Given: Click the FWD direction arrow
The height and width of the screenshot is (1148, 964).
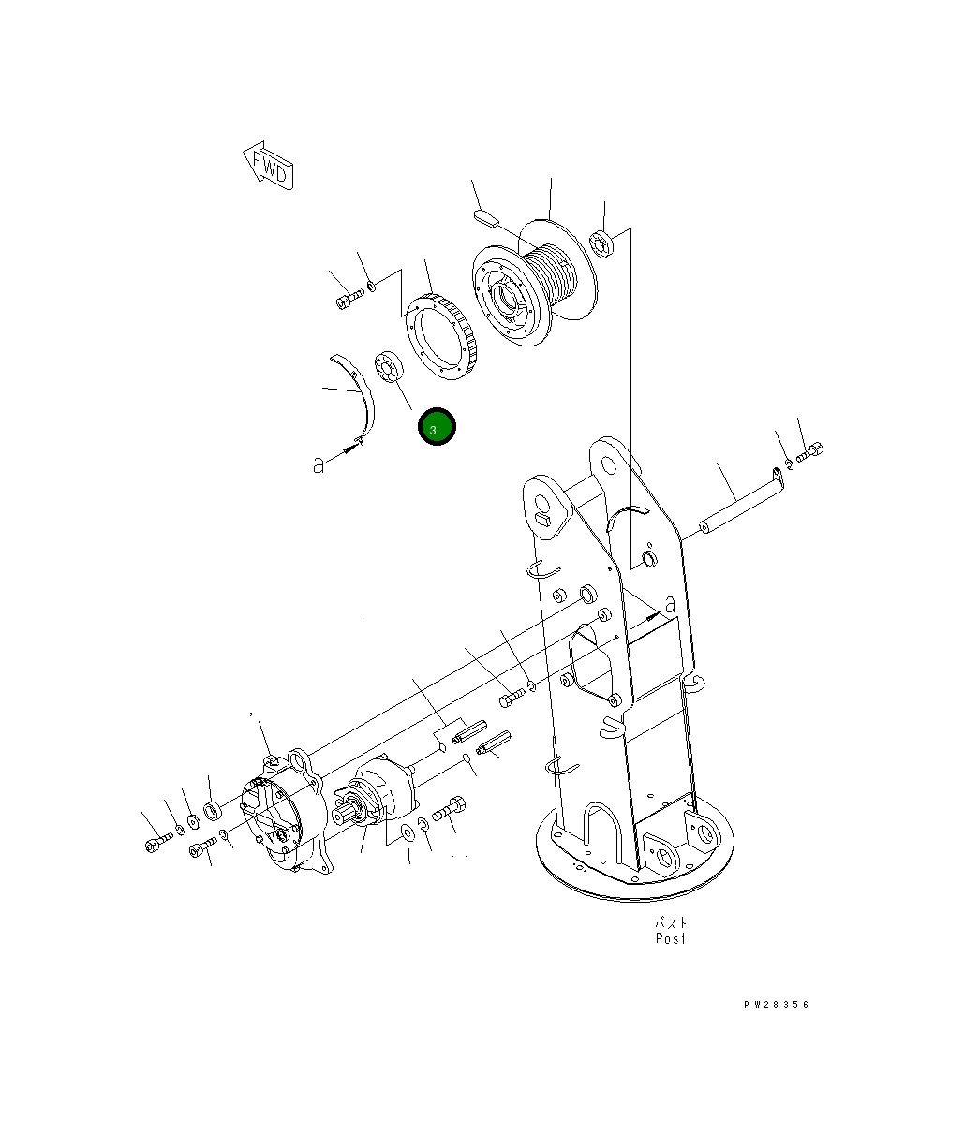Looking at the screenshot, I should [x=268, y=166].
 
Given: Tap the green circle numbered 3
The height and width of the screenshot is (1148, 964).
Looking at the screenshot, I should [x=437, y=427].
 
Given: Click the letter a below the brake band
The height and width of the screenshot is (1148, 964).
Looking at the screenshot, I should [x=319, y=464].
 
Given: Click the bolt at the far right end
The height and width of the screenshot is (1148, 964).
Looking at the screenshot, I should [x=809, y=454].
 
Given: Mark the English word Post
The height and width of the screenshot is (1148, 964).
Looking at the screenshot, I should [x=670, y=937].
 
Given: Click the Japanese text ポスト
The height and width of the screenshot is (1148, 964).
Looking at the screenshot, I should [x=670, y=921].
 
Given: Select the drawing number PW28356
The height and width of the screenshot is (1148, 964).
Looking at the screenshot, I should [x=777, y=1005].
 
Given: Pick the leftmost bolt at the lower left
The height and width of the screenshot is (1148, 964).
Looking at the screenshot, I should [x=156, y=845].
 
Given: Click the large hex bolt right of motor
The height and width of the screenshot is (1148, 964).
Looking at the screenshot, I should [x=451, y=810].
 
